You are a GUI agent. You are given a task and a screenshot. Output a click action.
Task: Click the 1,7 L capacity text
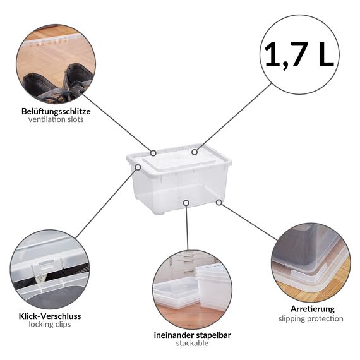click(299, 54)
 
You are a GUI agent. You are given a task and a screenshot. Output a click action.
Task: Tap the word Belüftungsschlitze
click(56, 111)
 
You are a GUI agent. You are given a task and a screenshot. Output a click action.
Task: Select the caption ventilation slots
click(56, 120)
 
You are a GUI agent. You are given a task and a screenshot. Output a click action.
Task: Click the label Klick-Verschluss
click(49, 316)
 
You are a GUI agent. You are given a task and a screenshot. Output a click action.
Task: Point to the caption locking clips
click(49, 325)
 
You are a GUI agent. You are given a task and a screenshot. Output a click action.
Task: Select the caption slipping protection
click(310, 319)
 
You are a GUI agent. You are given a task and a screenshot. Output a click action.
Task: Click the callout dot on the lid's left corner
click(153, 152)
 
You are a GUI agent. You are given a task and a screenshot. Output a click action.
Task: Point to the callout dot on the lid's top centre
click(195, 152)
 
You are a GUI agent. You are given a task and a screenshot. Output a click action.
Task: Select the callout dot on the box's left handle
click(138, 167)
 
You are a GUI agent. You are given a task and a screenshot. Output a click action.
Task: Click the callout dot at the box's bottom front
click(186, 203)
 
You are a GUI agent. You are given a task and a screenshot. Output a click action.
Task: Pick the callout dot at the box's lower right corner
click(219, 203)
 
